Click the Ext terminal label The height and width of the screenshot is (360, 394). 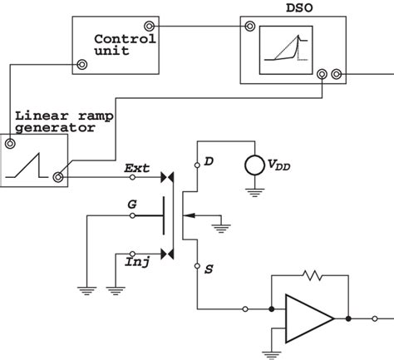point(137,169)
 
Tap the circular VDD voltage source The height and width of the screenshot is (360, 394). point(253,165)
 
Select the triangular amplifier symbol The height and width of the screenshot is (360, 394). point(307,317)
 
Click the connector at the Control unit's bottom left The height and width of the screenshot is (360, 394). point(81,65)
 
